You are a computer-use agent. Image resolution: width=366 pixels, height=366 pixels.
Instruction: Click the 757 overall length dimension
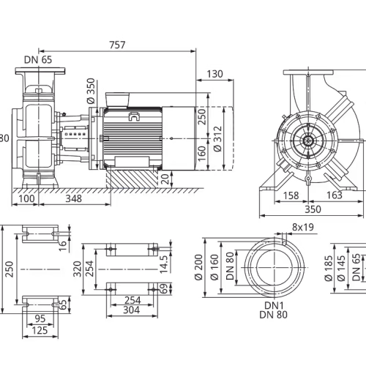117,45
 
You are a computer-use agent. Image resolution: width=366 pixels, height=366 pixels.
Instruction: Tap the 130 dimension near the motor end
214,74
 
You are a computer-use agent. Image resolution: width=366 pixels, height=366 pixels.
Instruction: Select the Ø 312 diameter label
217,138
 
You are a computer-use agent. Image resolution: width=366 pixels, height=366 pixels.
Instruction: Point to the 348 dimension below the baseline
73,198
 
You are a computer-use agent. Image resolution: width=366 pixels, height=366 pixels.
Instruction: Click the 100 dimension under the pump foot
26,198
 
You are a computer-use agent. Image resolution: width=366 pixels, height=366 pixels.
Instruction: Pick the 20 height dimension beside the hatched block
165,179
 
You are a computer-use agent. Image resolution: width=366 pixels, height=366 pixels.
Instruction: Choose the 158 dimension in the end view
291,195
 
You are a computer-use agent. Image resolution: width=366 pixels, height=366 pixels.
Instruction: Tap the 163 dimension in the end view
335,195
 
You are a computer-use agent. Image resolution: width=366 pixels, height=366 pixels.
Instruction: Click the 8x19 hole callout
303,227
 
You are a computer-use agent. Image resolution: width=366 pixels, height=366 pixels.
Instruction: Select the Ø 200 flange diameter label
199,267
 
